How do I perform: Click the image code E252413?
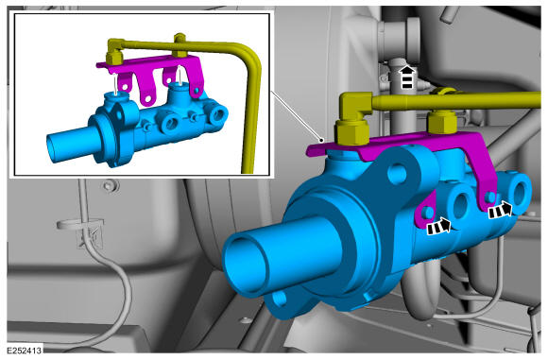(x=25, y=351)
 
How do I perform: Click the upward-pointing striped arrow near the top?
(x=407, y=77)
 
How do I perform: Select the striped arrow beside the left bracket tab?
(x=439, y=227)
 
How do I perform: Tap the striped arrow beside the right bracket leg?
(x=500, y=211)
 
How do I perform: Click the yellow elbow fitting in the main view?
(x=355, y=106)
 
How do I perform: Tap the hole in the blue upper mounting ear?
(x=398, y=174)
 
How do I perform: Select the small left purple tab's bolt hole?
(x=427, y=213)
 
